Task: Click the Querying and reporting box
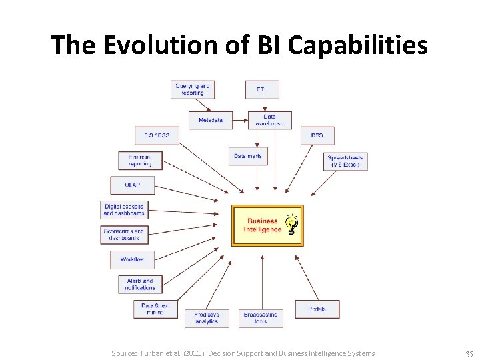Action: (192, 89)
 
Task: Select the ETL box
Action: (262, 89)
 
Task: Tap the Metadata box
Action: (210, 120)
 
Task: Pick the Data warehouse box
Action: (269, 120)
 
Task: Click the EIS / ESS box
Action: (157, 135)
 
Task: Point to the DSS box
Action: (317, 135)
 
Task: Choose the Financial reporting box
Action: (140, 160)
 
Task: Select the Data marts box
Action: (248, 156)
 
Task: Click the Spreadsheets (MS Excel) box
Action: (345, 161)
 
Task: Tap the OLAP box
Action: (132, 185)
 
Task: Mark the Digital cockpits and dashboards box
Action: (123, 210)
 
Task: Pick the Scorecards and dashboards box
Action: (123, 235)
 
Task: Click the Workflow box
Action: (132, 259)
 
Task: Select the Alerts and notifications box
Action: (140, 284)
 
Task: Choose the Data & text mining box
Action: (155, 309)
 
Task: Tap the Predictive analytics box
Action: (207, 318)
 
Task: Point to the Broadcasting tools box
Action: (260, 318)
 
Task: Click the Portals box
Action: (317, 309)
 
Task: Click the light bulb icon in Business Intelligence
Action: (291, 225)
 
